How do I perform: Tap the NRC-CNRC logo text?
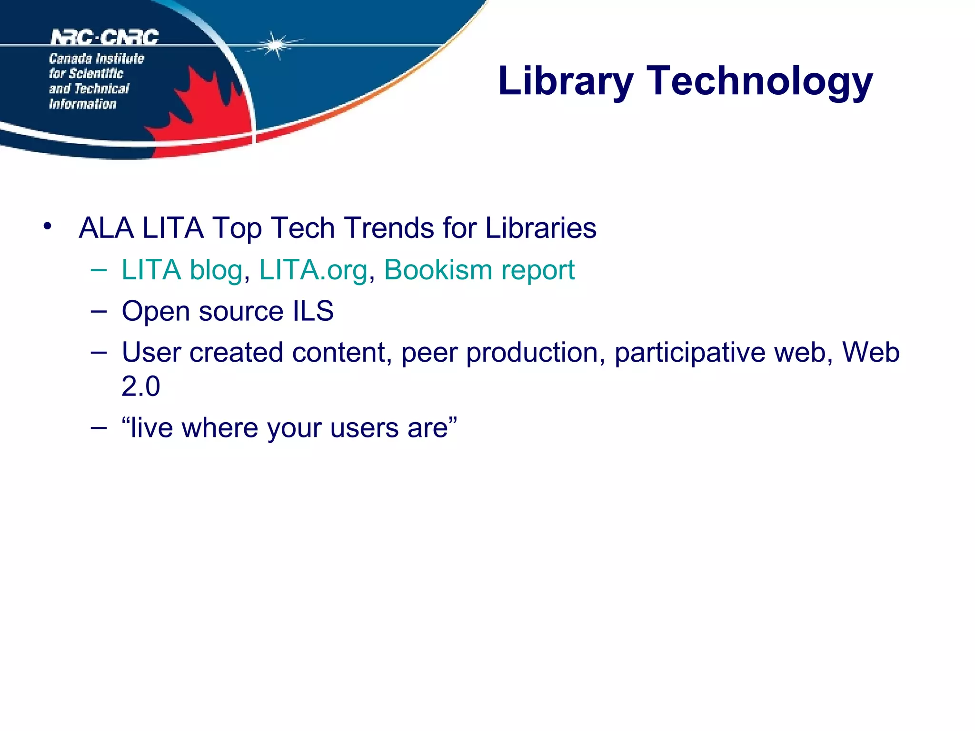tap(104, 37)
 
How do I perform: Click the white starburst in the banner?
tap(275, 45)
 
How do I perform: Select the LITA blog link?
tap(182, 270)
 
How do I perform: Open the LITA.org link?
tap(313, 270)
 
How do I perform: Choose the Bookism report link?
tap(479, 270)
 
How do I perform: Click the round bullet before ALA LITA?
tap(47, 226)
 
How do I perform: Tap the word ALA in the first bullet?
tap(106, 228)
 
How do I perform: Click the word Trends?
tap(389, 228)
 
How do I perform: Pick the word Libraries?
tap(540, 228)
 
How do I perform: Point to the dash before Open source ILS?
tap(99, 311)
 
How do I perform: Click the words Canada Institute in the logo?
tap(96, 59)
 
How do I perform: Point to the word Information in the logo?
tap(82, 104)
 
